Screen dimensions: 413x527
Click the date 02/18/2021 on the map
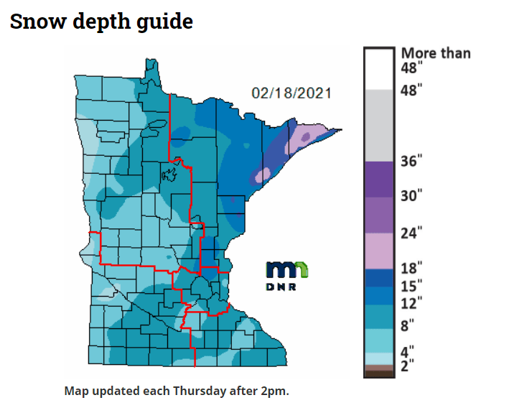tap(292, 93)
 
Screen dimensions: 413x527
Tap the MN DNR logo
tap(287, 274)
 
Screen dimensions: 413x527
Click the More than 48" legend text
tap(435, 60)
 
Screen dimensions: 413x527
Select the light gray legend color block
tap(379, 124)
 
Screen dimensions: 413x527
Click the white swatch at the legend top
tap(379, 69)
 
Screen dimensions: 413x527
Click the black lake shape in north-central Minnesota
tap(169, 174)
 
